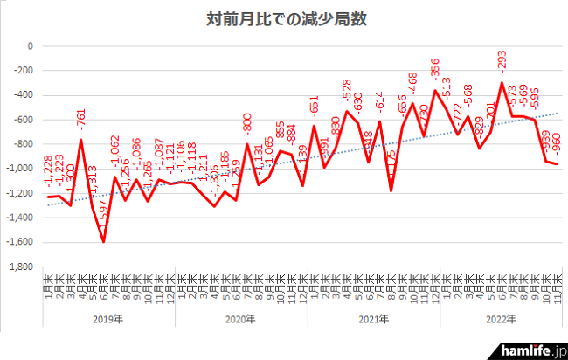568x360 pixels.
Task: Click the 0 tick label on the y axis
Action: tap(30, 45)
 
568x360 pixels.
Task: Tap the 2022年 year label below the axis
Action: tap(504, 319)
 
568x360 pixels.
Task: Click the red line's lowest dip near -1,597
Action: tap(104, 241)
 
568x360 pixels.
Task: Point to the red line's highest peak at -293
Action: tap(502, 82)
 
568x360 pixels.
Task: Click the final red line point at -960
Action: tap(558, 163)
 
